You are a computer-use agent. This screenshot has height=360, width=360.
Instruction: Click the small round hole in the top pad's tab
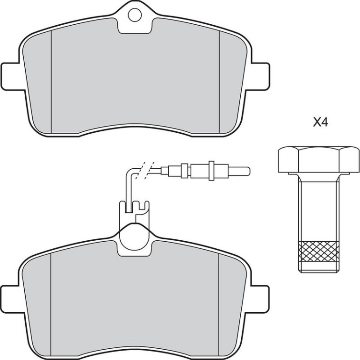(134, 15)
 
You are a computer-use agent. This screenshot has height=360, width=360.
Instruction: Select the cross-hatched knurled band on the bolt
(319, 252)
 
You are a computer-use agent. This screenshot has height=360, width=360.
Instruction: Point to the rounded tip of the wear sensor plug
(248, 170)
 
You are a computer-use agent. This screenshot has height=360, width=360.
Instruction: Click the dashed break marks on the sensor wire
(144, 170)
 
